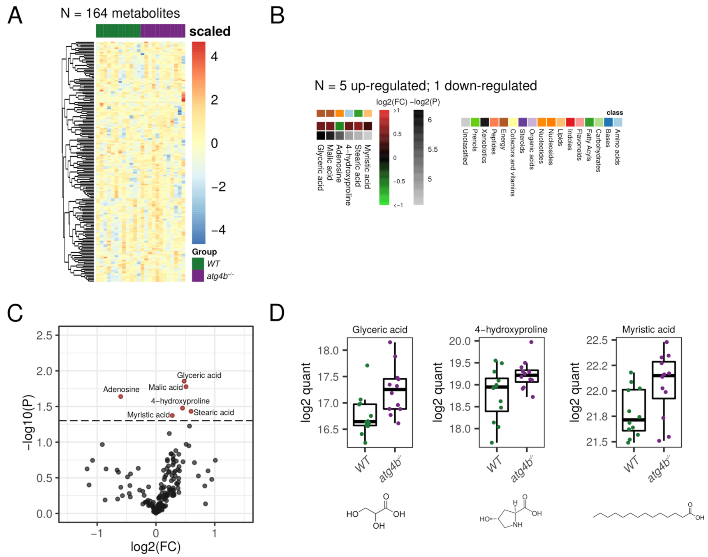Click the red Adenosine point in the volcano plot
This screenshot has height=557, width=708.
coord(120,397)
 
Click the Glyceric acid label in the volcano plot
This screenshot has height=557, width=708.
coord(199,375)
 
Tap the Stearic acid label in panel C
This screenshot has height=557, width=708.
coord(213,412)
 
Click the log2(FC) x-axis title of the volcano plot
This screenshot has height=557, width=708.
coord(155,546)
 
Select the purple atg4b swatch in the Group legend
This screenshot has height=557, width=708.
coord(198,276)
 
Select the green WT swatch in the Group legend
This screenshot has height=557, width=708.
coord(198,263)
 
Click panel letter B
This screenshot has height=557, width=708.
coord(278,16)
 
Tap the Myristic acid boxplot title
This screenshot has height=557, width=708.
coord(648,329)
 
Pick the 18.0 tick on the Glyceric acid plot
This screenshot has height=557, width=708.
coord(328,351)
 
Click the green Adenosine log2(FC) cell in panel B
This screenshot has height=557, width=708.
coord(339,126)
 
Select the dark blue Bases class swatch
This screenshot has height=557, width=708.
coord(608,122)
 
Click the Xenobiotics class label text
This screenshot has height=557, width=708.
coord(484,146)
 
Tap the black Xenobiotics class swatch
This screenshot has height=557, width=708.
coord(484,122)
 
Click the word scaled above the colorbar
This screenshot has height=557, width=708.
coord(210,31)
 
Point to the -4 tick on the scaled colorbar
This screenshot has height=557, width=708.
coord(218,230)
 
